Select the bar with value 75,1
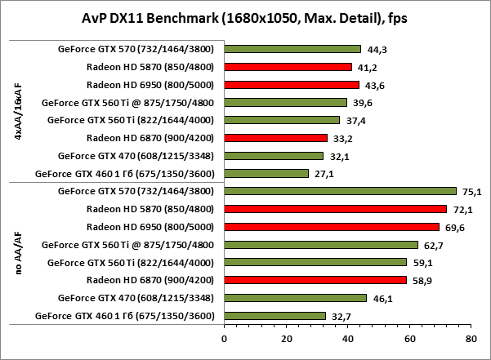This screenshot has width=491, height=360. point(339,191)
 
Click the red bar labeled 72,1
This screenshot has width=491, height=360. point(335,209)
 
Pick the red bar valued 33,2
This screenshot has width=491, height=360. point(275,138)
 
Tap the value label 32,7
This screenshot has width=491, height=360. point(341,316)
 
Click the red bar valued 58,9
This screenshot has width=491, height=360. point(315,280)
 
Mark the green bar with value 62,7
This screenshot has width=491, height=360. point(320,245)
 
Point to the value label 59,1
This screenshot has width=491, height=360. point(422,263)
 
